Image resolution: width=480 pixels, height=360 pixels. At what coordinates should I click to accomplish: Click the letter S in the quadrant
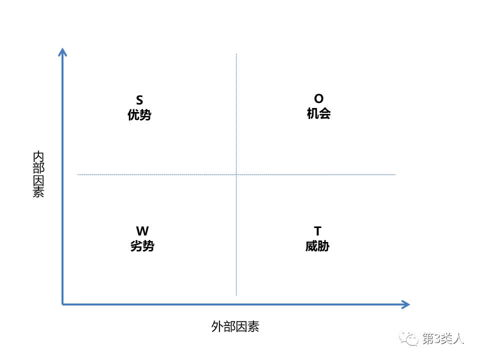139,100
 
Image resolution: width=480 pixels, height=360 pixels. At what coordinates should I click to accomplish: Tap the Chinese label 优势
139,115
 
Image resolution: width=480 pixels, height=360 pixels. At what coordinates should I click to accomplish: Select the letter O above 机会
318,98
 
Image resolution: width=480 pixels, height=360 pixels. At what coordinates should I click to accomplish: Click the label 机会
318,113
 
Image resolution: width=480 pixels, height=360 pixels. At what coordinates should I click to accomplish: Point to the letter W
142,231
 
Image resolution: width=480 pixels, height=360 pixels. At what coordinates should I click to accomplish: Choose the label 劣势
142,246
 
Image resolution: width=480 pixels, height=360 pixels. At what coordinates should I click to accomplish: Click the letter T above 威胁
318,231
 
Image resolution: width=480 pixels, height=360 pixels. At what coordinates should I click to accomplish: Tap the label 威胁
317,246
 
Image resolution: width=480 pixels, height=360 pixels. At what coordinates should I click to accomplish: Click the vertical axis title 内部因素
38,174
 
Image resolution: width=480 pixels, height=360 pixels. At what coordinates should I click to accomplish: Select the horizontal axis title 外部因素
235,326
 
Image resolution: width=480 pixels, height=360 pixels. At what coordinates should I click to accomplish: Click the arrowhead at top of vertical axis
62,51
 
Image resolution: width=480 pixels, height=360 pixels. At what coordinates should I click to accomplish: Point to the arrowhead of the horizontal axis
406,304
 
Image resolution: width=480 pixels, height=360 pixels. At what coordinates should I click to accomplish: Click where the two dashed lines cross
236,175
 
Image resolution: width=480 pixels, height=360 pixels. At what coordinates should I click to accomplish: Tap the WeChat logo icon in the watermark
408,338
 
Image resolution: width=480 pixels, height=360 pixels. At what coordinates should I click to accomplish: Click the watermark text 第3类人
443,338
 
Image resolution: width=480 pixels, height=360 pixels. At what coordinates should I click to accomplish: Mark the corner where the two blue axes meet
62,304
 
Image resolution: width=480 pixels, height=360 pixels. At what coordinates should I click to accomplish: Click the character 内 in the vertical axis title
38,156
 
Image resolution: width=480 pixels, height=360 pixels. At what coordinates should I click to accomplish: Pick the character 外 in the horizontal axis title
217,326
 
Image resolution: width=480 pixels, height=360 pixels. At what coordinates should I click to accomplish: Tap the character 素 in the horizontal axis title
253,326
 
